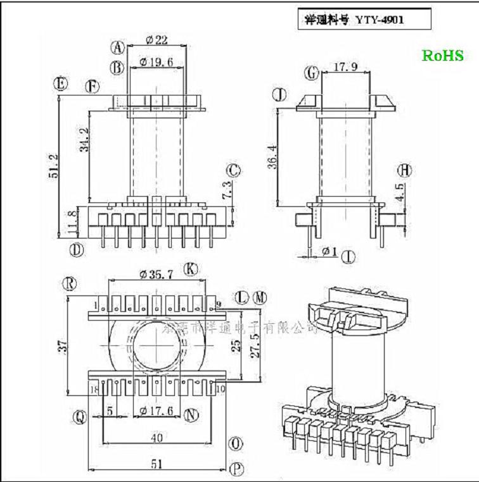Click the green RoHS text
pos(443,56)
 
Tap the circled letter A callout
pos(117,47)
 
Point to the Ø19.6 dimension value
pos(155,61)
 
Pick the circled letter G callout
pos(311,73)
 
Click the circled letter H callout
pos(405,170)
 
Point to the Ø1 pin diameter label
pos(329,252)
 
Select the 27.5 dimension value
pos(256,346)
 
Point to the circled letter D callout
pos(77,249)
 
